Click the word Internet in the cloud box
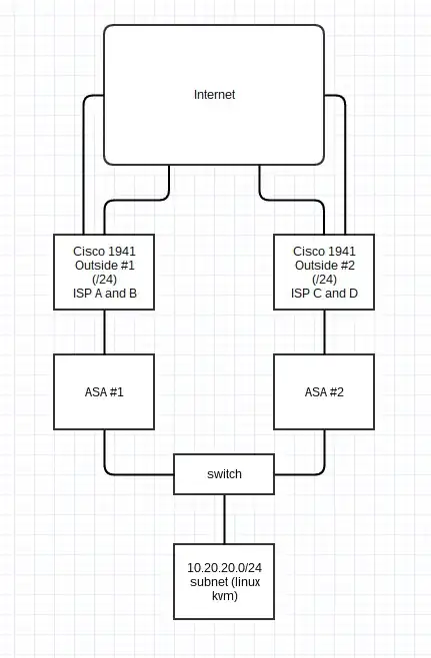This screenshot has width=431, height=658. (214, 94)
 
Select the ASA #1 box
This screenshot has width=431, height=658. (105, 392)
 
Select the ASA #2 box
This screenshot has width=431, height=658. (323, 392)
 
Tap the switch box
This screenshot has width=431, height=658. (224, 474)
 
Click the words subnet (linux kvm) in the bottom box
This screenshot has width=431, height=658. (224, 587)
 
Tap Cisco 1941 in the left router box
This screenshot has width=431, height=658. (105, 251)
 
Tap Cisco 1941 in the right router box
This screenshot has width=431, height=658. (323, 251)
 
